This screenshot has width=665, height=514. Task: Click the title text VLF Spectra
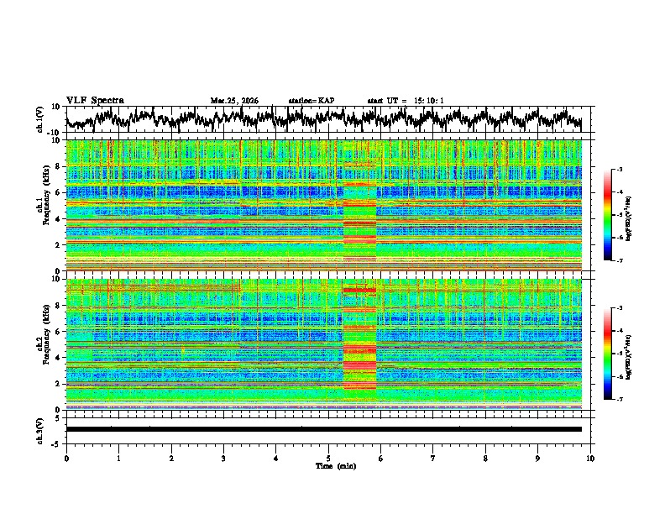point(95,100)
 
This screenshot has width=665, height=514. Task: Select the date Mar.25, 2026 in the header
point(235,101)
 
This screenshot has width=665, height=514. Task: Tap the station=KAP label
point(311,101)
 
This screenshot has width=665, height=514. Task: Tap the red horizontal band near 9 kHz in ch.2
point(359,290)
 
